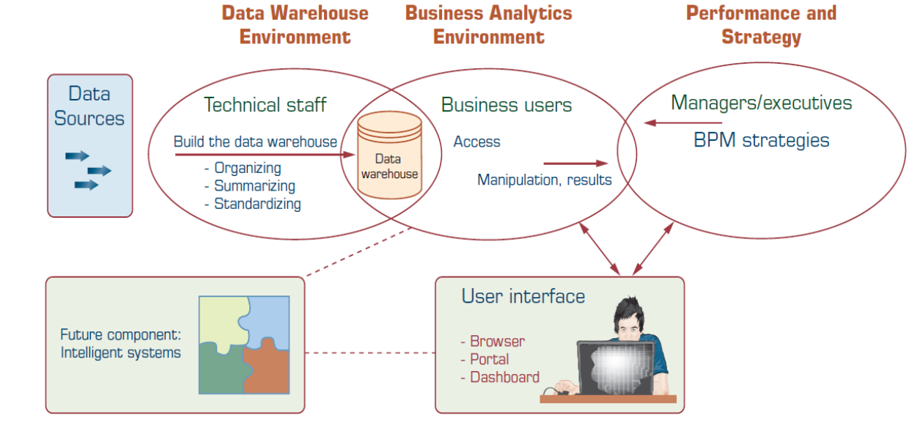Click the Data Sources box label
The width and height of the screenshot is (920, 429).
89,106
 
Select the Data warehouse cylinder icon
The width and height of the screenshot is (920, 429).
389,155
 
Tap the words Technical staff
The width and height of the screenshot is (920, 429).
265,105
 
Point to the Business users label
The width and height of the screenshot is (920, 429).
507,105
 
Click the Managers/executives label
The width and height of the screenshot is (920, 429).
762,103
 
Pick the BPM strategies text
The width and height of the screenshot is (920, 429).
762,140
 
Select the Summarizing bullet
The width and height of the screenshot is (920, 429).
254,186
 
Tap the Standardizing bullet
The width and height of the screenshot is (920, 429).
257,204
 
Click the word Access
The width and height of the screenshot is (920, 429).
477,142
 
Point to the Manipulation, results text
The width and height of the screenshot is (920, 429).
545,180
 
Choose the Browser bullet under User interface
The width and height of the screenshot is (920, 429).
497,342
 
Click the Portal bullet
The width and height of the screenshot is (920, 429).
489,359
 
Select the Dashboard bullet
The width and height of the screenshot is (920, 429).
504,378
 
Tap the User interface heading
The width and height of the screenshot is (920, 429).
523,296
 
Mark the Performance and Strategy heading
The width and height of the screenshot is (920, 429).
761,24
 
